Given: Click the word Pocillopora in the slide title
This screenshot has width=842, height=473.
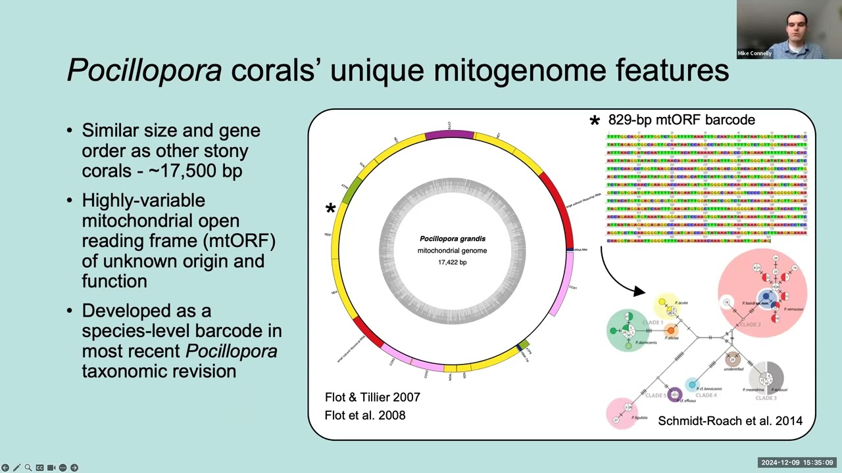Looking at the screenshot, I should coord(144,70).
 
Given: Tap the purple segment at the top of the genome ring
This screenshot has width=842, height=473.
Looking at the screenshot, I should coord(449,135).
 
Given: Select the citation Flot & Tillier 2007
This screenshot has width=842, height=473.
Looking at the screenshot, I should coord(372,397).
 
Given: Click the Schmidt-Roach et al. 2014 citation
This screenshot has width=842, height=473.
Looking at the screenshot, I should coord(730,421).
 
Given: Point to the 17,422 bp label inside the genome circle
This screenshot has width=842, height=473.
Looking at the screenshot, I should coord(452,262).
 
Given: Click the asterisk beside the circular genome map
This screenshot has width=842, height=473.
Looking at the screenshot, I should coord(330,210).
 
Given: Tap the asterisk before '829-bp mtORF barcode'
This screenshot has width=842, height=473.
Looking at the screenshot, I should coord(595,122).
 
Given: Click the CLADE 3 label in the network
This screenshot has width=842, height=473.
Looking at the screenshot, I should coord(766,398).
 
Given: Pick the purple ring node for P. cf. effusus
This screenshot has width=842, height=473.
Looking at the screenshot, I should coord(674,394).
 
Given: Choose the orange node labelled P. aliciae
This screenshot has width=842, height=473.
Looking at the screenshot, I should coord(670,330).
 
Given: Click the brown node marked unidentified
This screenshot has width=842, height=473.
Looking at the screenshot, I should coord(733,359).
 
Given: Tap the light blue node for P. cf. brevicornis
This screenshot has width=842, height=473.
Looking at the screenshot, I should coord(691,384).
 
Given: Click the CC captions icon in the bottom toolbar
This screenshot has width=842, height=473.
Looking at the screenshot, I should coord(39,468).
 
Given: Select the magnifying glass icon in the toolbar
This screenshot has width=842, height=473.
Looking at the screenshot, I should coord(28,468).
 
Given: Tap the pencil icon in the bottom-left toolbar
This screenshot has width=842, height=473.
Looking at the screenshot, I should coord(16,468).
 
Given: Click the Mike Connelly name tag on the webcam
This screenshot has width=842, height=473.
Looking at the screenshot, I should coord(755,53).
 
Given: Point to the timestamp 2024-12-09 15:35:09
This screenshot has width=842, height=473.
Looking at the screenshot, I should coord(797,462).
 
